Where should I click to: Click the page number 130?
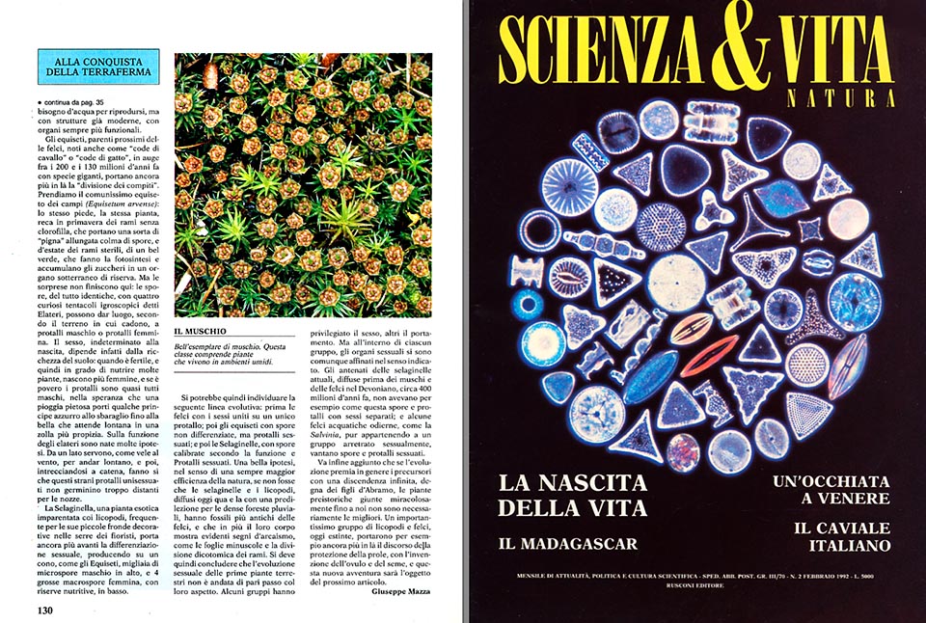45,609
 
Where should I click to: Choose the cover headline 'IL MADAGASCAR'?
568,544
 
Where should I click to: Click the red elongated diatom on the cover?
708,356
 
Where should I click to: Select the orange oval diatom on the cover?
692,328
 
